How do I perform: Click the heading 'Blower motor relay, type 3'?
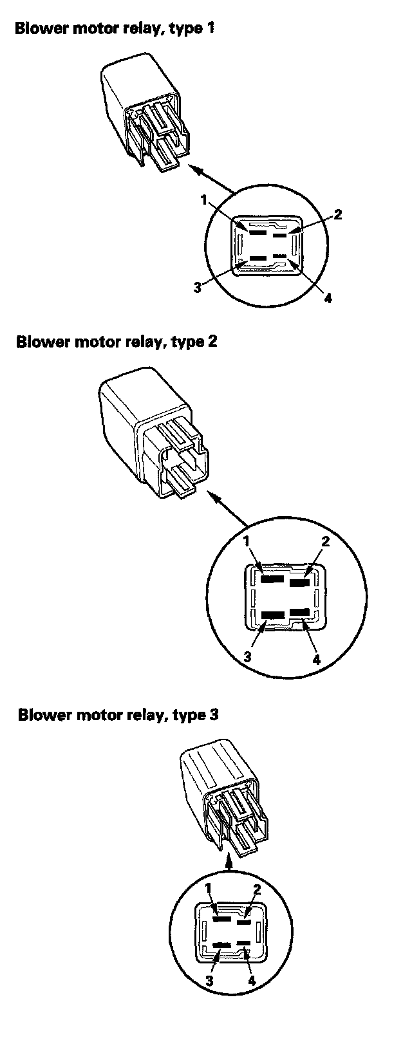(x=118, y=715)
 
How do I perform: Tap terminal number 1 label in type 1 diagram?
(x=204, y=200)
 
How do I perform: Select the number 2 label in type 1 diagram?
(x=337, y=214)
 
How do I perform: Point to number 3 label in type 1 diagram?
(x=198, y=287)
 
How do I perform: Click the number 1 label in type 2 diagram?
(x=246, y=542)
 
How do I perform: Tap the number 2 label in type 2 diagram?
(x=325, y=541)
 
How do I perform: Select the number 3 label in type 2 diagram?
(x=247, y=657)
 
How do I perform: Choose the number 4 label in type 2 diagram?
(x=316, y=660)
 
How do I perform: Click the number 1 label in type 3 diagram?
(x=209, y=889)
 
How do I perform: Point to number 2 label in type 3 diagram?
(x=256, y=890)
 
